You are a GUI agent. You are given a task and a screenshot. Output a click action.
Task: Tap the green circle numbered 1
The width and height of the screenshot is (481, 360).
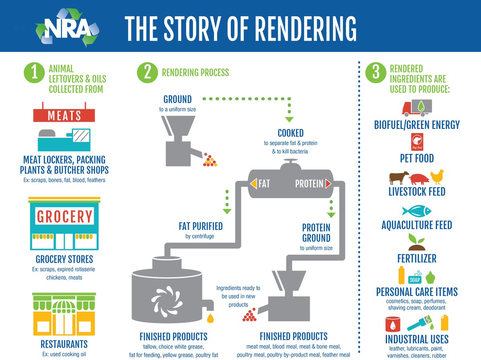[x=34, y=73]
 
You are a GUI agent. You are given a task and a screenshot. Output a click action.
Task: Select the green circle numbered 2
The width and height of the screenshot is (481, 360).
[x=147, y=73]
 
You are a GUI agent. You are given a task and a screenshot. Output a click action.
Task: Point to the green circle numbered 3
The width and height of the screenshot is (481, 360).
[x=376, y=73]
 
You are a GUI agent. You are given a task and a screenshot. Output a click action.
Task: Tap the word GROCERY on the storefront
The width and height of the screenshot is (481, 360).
[x=65, y=216]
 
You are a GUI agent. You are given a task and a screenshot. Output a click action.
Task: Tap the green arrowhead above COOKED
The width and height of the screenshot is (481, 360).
[x=289, y=119]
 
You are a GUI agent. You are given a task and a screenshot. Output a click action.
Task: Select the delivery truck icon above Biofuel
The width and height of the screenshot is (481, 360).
[x=417, y=108]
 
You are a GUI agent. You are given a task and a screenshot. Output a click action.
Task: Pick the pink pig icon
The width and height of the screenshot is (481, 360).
[x=417, y=177]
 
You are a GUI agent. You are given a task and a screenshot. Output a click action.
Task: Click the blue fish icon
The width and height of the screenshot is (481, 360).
[x=416, y=211]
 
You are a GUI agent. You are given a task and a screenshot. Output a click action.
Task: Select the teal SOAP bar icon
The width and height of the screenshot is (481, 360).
[x=415, y=280]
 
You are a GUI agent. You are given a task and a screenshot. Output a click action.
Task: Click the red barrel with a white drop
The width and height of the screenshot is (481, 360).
[x=394, y=324]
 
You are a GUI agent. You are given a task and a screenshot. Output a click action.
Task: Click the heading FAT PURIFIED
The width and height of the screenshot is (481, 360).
[x=200, y=226]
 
